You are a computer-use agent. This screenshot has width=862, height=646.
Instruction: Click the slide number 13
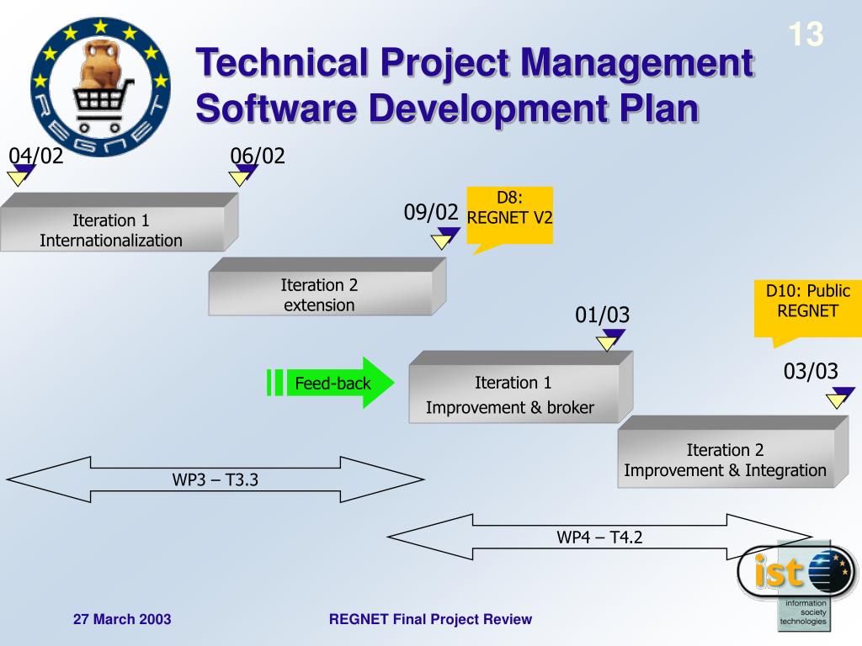[806, 34]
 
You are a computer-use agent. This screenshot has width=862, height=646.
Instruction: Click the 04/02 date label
[36, 156]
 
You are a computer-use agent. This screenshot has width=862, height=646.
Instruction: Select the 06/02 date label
[258, 156]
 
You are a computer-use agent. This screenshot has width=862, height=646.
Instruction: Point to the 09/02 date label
[431, 213]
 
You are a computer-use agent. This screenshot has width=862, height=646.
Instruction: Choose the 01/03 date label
[603, 315]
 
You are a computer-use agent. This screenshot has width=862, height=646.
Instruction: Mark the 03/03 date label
[811, 371]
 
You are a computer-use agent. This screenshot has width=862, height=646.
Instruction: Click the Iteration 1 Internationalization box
[111, 230]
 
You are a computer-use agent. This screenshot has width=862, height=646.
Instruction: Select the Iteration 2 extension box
[320, 295]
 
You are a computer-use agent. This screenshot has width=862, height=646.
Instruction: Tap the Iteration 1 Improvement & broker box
[513, 395]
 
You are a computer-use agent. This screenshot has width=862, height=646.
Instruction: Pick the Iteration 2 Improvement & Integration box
[725, 460]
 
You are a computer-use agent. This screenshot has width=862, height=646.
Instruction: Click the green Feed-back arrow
[332, 384]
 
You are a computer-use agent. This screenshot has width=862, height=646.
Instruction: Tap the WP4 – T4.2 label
[599, 537]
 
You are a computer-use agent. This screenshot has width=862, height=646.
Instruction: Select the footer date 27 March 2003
[122, 620]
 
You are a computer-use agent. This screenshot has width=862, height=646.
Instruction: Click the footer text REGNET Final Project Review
[430, 620]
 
